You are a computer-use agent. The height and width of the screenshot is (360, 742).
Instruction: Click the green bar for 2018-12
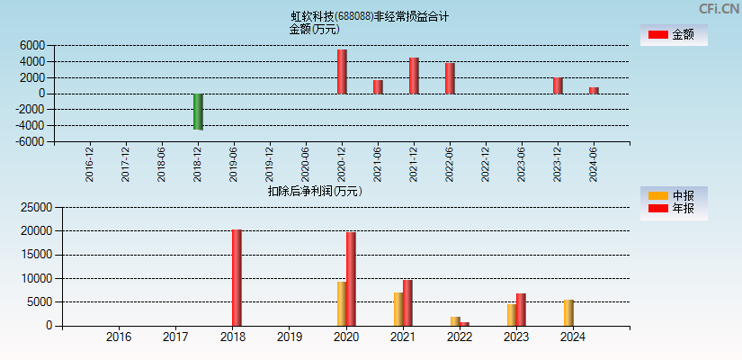point(198,112)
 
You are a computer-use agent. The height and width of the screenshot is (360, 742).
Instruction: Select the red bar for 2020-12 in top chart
point(342,72)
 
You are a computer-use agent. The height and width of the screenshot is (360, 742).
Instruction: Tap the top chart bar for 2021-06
point(378,86)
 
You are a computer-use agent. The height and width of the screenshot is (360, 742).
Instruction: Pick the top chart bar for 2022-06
point(450,78)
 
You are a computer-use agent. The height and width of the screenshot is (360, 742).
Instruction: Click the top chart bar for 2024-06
point(594,90)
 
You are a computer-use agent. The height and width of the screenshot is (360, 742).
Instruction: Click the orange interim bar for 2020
point(342,303)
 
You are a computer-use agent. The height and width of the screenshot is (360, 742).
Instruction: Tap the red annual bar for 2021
point(407,302)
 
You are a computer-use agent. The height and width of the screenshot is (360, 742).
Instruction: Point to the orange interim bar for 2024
point(568,312)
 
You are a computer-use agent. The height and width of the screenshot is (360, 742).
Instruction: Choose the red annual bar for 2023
point(521,310)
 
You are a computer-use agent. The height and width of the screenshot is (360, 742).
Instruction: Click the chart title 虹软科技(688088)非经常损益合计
point(370,16)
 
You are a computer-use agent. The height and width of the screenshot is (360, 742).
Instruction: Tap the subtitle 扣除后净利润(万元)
point(315,191)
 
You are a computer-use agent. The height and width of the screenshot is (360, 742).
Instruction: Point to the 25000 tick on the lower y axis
point(34,207)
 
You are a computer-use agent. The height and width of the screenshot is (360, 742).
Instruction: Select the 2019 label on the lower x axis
point(289,337)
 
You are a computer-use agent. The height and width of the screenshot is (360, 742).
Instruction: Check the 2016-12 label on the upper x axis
point(90,164)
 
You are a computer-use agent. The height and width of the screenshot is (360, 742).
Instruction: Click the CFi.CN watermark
point(720,8)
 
